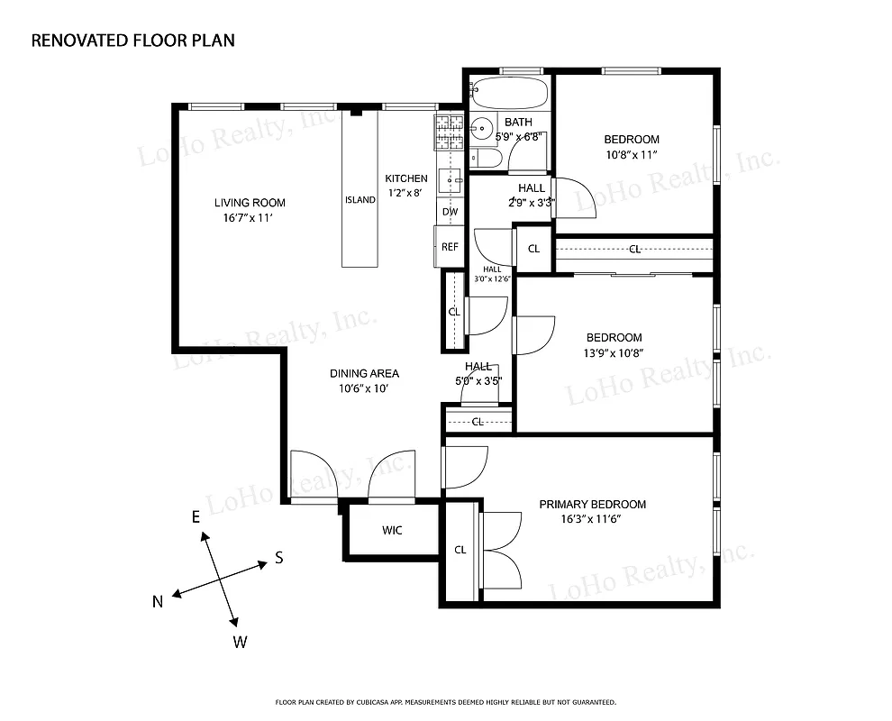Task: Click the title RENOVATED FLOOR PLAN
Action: pos(133,41)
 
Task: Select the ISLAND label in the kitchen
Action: pos(360,200)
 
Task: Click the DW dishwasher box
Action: pos(450,212)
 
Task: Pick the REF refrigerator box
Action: pos(450,246)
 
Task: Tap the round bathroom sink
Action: pos(482,129)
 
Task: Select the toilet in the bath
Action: pos(485,160)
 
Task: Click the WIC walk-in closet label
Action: pos(392,531)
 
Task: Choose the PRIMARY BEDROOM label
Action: pos(592,505)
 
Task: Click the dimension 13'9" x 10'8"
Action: pos(613,353)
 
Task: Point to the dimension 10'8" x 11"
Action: pos(631,155)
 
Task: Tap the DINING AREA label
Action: pos(364,374)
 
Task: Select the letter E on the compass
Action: pos(194,516)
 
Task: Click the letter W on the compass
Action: pos(241,642)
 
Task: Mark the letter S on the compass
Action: pos(279,558)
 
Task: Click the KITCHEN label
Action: pos(406,178)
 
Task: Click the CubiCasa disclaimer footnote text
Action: pos(445,701)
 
